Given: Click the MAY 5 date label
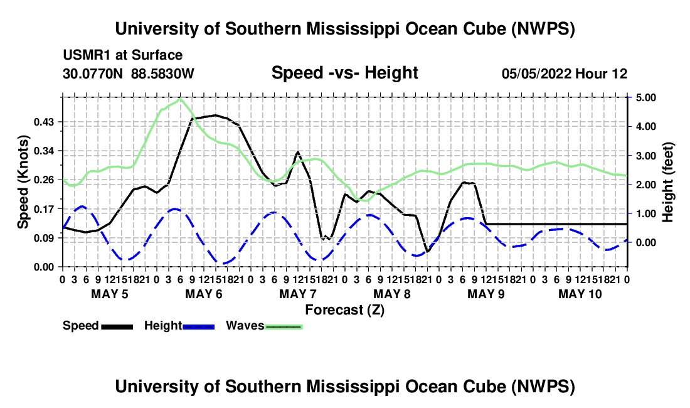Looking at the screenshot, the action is (110, 294).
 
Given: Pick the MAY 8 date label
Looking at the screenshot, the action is (392, 294).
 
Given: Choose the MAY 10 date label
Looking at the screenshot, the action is (580, 294).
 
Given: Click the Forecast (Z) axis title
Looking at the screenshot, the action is (345, 310).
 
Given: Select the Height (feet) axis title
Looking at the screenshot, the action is (667, 182).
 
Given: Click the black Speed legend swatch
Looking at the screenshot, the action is (117, 326).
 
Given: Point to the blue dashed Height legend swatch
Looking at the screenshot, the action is (198, 326).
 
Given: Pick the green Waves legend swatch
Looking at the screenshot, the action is (284, 326).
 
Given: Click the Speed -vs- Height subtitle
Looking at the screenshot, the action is (345, 73).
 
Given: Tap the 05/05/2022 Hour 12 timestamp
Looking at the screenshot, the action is (565, 73).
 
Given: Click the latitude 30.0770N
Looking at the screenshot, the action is (93, 73).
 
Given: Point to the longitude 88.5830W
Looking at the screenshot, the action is (162, 73).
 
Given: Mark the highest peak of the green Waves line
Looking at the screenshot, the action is (180, 99).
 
